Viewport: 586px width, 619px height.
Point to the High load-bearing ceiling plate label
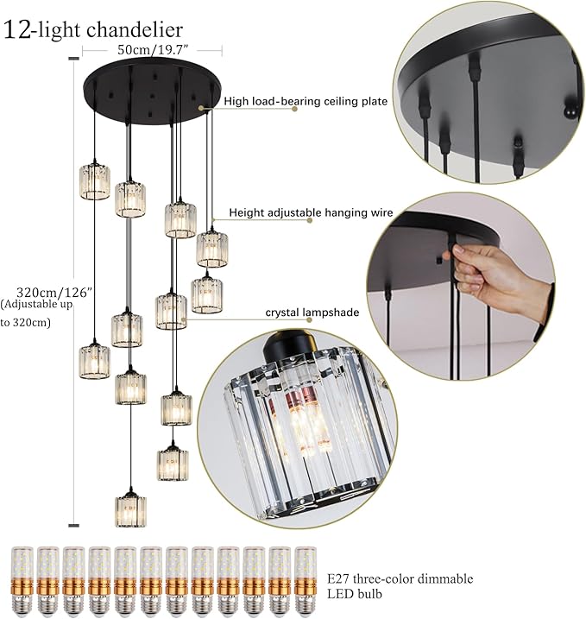click(306, 102)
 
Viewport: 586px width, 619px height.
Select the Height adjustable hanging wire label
click(311, 212)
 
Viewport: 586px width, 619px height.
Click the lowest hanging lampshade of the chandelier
click(130, 509)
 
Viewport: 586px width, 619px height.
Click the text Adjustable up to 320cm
click(29, 313)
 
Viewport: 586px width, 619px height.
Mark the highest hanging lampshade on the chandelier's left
click(93, 180)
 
